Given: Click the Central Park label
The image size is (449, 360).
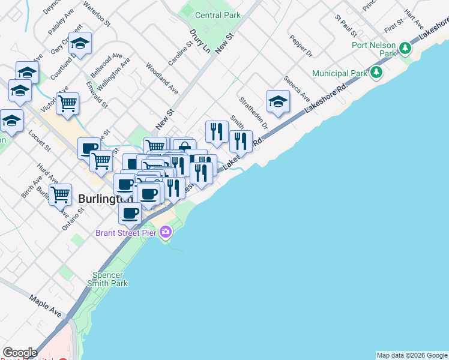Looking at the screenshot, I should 217,15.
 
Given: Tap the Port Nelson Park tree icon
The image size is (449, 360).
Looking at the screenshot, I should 405,47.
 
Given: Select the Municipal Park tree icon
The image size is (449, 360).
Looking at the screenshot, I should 376,73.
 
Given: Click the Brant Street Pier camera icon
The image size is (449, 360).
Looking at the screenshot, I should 166,233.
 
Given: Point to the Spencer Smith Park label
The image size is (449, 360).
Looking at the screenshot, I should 107,278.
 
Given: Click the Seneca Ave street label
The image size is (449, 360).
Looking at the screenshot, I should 297,88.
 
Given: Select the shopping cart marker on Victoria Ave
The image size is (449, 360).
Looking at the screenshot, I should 67,103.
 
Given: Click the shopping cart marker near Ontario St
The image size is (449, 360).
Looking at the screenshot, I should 60,194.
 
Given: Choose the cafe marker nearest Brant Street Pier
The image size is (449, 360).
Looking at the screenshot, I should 130,212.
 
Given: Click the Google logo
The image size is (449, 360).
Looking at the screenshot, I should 20,353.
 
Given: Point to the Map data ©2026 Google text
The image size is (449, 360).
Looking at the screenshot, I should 412,355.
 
